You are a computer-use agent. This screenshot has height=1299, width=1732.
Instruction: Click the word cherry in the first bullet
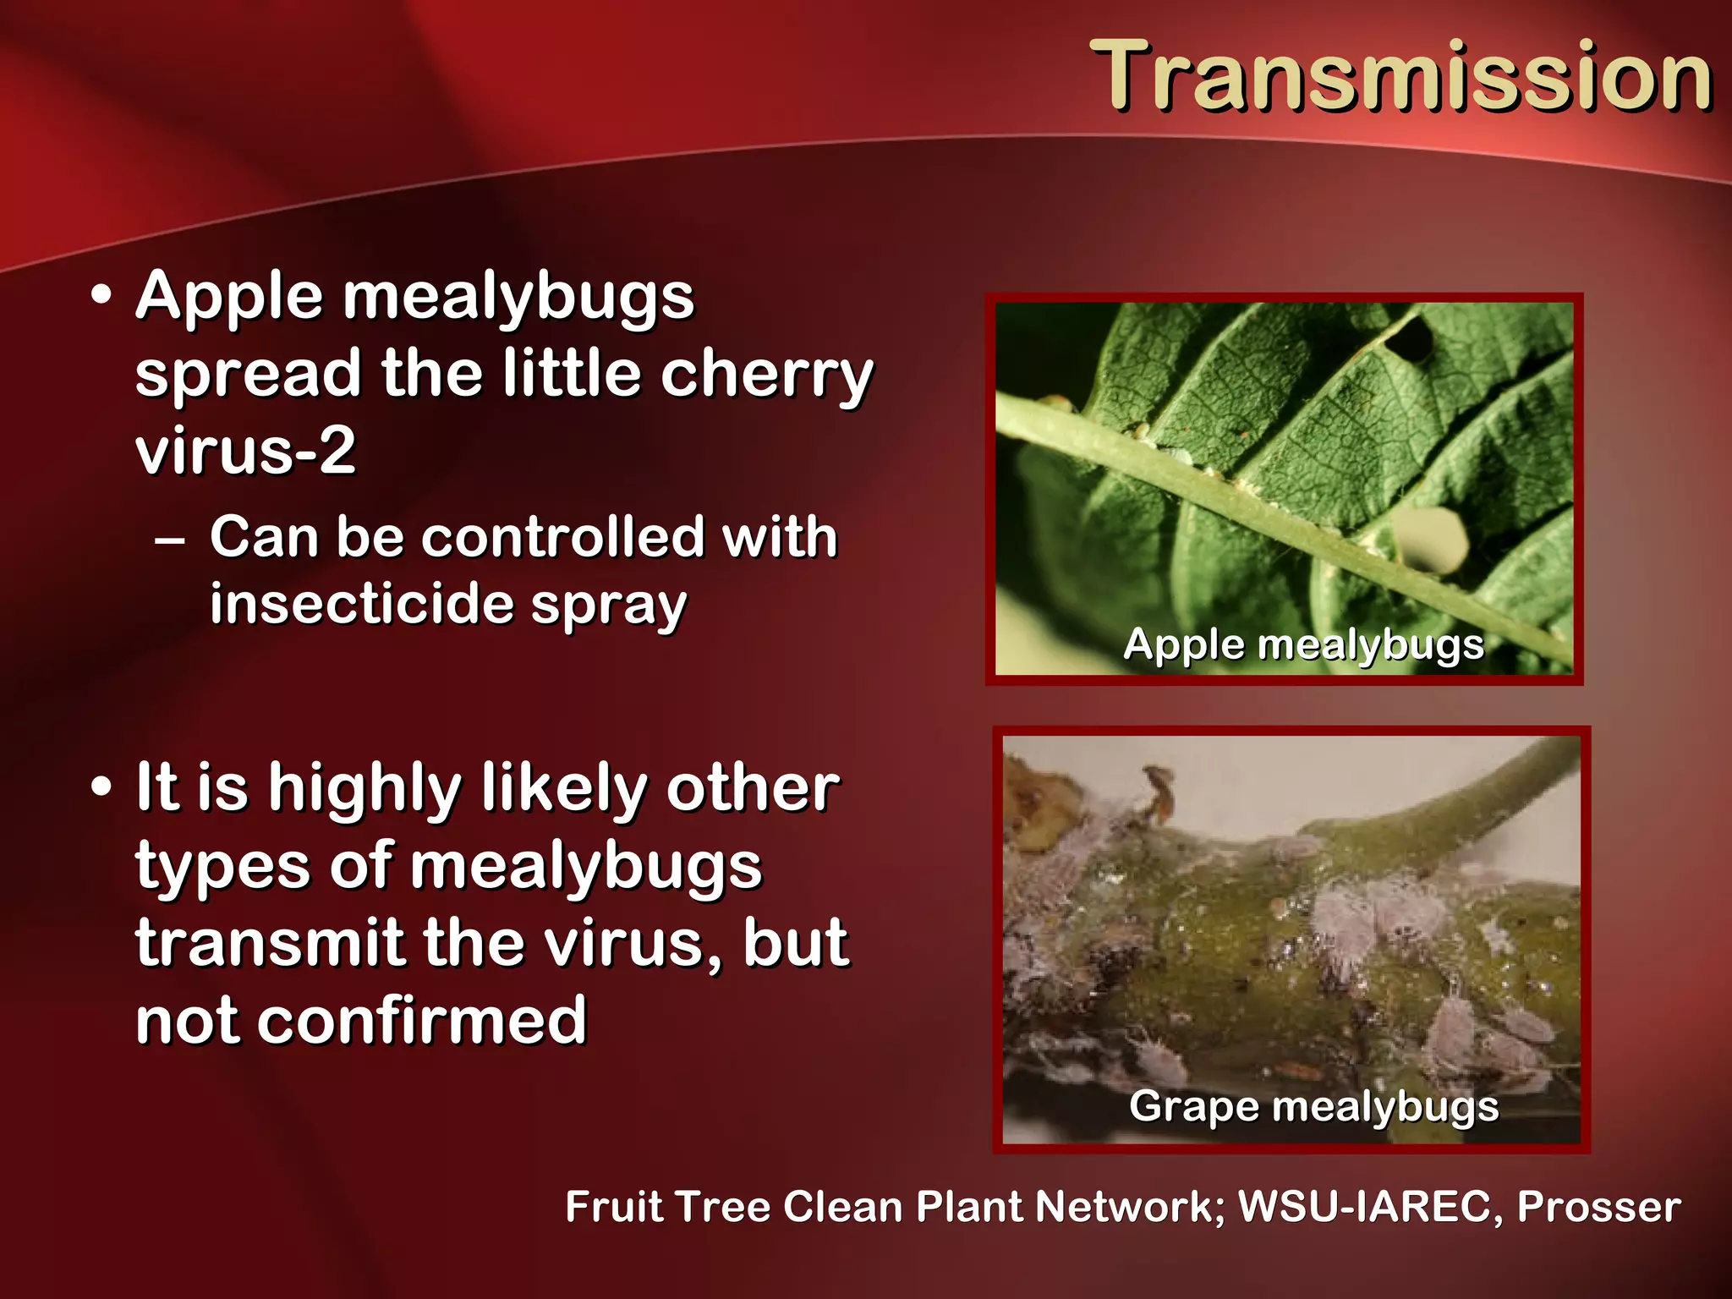pyautogui.click(x=766, y=375)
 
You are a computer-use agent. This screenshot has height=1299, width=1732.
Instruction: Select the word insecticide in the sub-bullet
pyautogui.click(x=362, y=604)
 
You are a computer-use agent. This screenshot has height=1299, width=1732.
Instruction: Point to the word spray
pyautogui.click(x=609, y=607)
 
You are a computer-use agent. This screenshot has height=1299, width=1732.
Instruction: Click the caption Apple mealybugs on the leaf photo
pyautogui.click(x=1303, y=645)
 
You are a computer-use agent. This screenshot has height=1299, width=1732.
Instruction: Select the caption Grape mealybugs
pyautogui.click(x=1313, y=1106)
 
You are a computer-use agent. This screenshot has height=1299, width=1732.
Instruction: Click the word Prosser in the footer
pyautogui.click(x=1598, y=1206)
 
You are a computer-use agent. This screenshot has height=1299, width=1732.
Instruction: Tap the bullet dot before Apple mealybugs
pyautogui.click(x=101, y=296)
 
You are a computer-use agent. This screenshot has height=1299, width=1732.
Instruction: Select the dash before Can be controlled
pyautogui.click(x=170, y=540)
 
